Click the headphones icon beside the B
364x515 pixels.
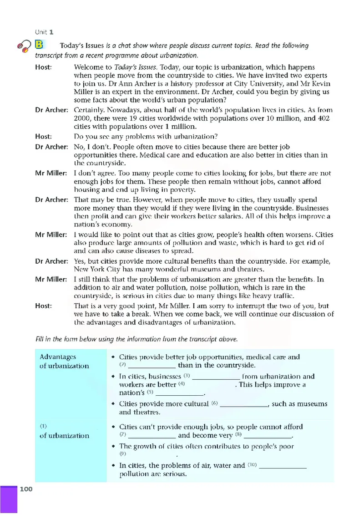(23, 46)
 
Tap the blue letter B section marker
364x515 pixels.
(40, 45)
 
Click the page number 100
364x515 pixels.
(27, 489)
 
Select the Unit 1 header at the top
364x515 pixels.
(45, 32)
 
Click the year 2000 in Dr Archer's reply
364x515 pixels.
(83, 118)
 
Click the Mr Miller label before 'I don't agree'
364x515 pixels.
(51, 173)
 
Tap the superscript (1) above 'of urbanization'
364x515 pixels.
(44, 427)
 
